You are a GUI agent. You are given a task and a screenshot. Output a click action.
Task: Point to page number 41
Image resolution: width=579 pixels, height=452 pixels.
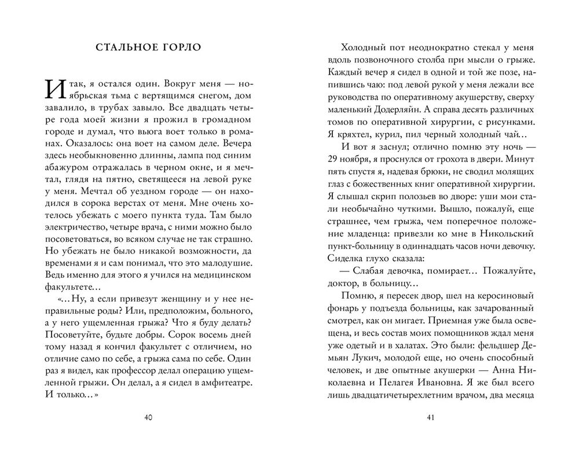tap(430, 418)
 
